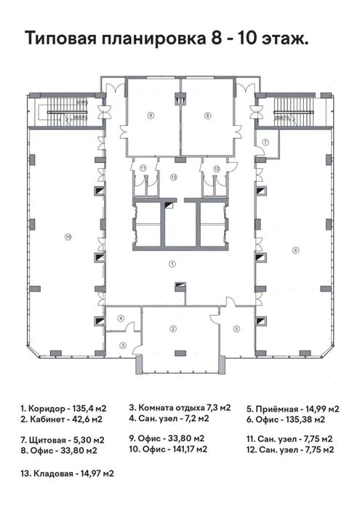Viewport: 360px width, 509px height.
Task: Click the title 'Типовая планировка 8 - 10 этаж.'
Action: (x=167, y=39)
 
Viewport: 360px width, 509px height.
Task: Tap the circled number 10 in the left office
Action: (x=68, y=236)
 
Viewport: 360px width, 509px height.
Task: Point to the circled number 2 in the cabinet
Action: (x=172, y=329)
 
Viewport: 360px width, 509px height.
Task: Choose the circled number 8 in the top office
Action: (x=207, y=115)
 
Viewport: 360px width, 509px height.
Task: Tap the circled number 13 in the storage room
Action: (x=174, y=177)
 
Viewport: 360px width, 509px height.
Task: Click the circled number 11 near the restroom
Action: (x=143, y=168)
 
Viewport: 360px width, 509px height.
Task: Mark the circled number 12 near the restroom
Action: (x=216, y=168)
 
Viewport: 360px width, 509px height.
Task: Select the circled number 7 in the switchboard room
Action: (x=266, y=142)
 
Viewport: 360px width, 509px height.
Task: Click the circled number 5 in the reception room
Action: (x=236, y=329)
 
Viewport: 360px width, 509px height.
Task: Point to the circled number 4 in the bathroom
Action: (x=121, y=318)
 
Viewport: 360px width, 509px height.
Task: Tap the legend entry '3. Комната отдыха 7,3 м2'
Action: (x=180, y=407)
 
